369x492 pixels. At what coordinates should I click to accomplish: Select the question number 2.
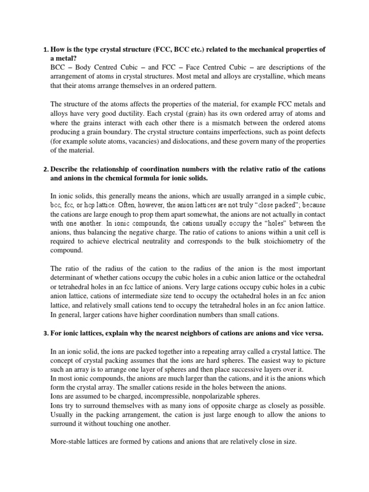45,169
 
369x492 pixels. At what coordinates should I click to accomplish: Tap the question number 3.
45,332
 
